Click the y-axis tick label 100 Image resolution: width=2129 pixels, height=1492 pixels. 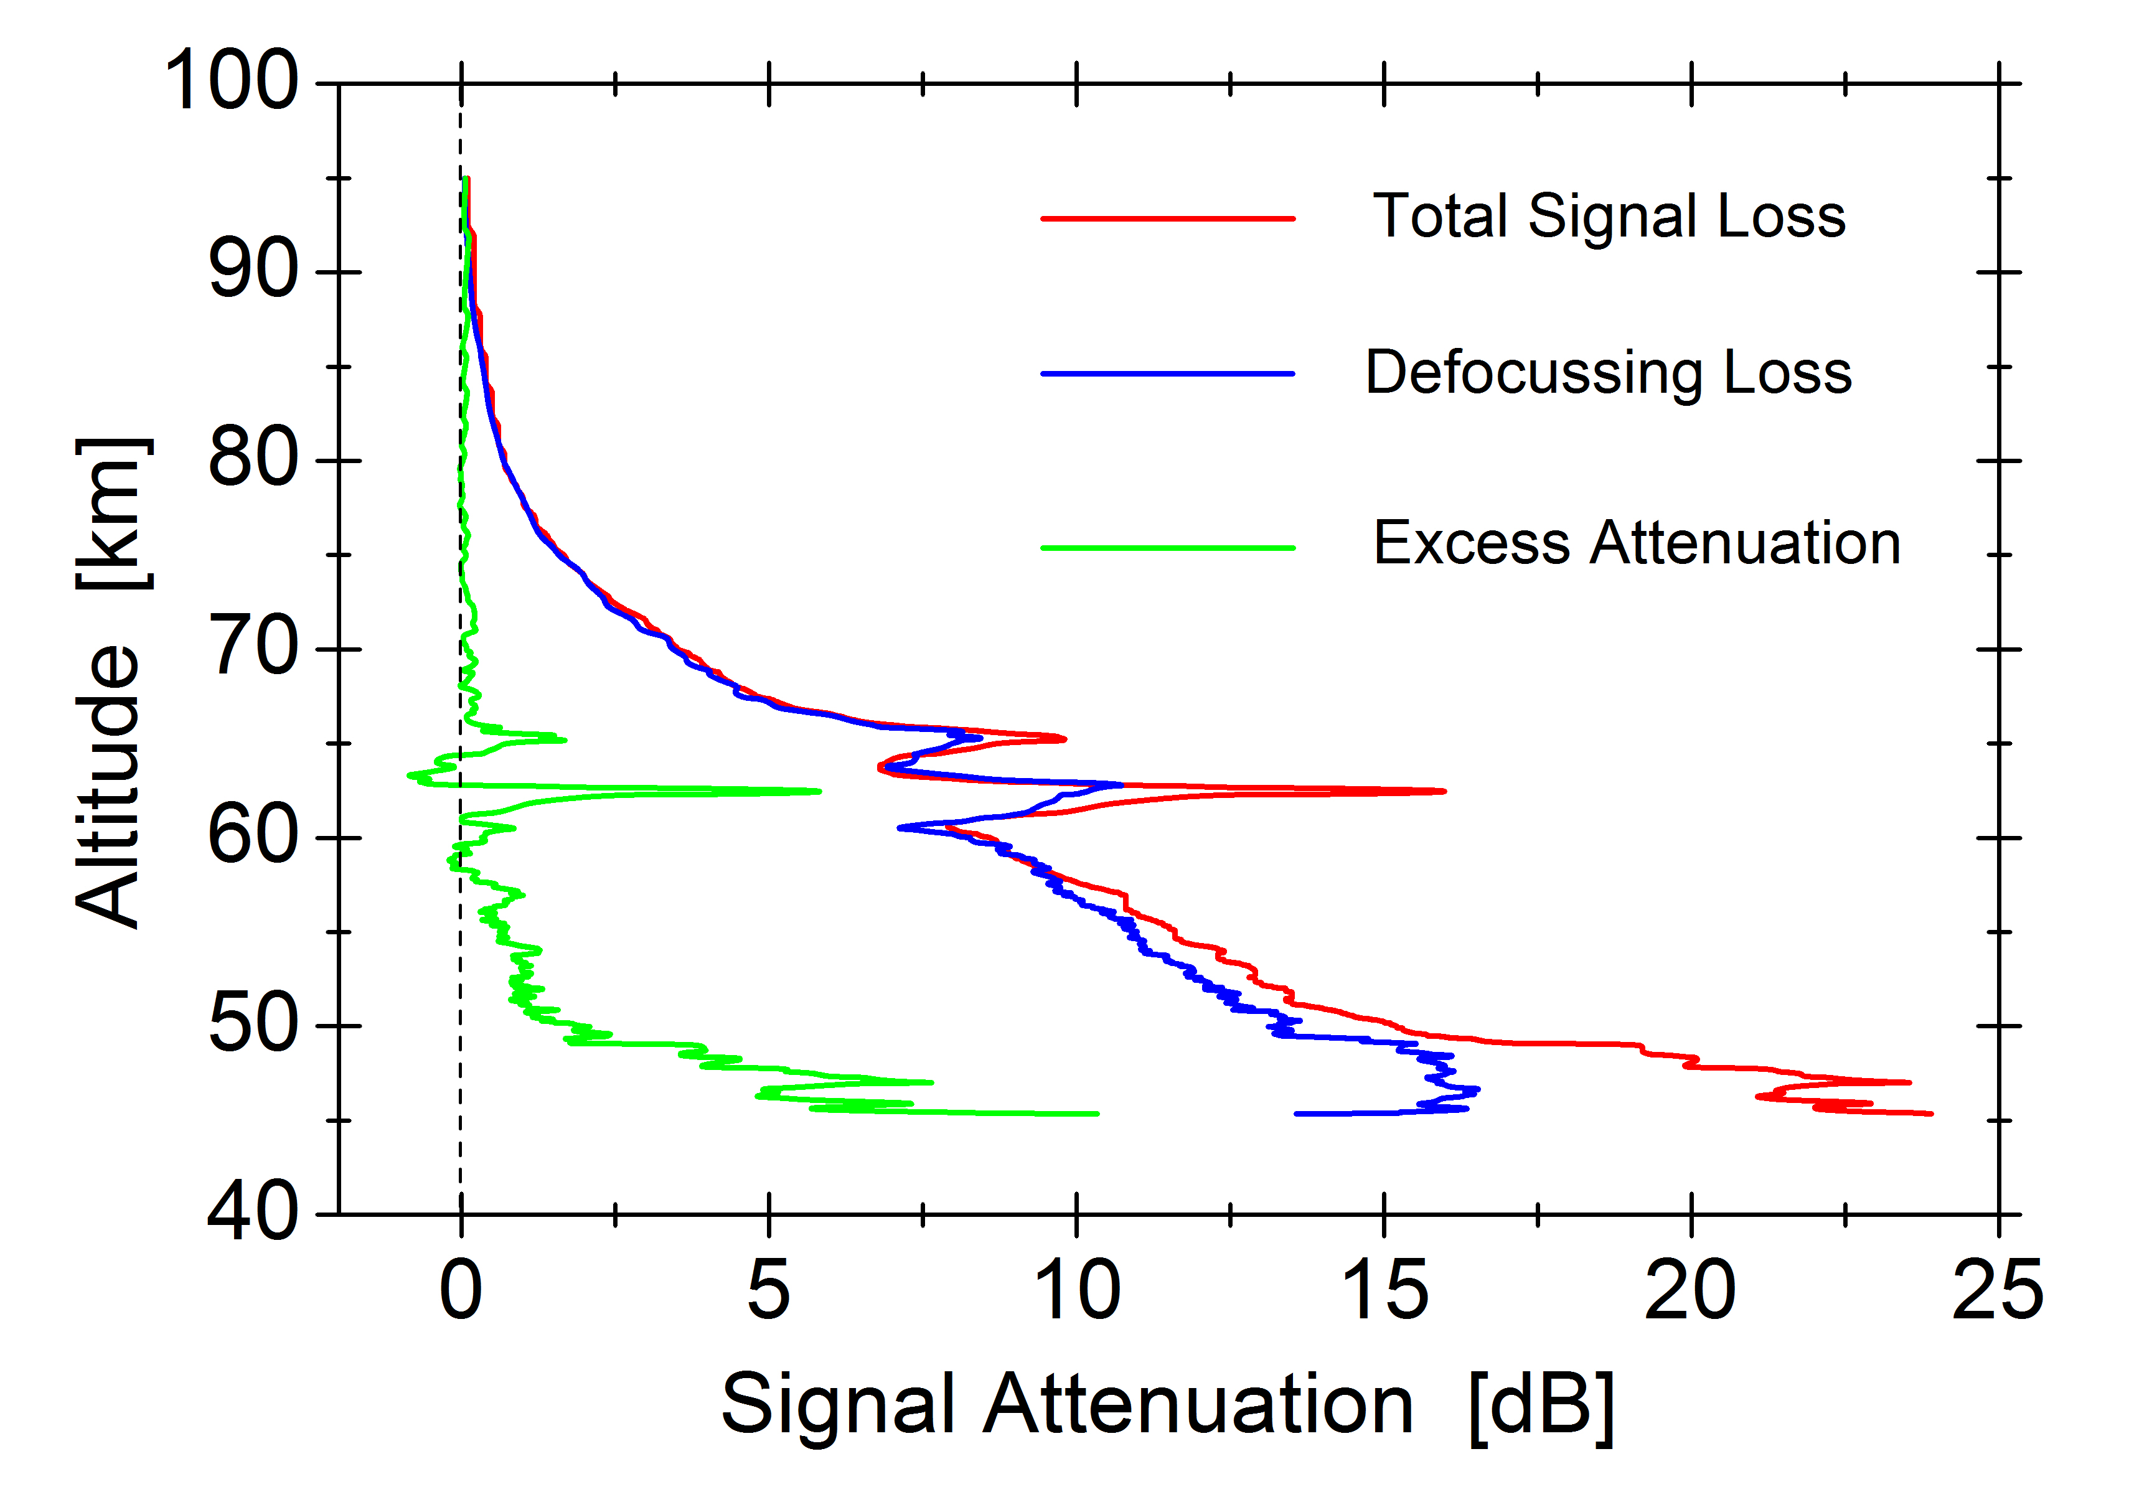(231, 82)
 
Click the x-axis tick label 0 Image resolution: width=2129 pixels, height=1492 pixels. (461, 1291)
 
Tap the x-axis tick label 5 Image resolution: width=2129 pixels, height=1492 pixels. (769, 1291)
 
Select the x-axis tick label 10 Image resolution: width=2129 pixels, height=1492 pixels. (1076, 1291)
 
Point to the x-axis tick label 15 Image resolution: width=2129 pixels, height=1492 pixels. (1384, 1291)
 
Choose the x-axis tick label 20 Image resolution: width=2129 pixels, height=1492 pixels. (1690, 1291)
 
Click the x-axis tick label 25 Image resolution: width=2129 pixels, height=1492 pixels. (1997, 1291)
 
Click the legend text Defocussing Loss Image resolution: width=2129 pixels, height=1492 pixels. (1608, 373)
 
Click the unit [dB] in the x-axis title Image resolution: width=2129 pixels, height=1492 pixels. (1541, 1405)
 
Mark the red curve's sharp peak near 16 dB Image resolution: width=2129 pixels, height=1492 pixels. (1442, 791)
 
